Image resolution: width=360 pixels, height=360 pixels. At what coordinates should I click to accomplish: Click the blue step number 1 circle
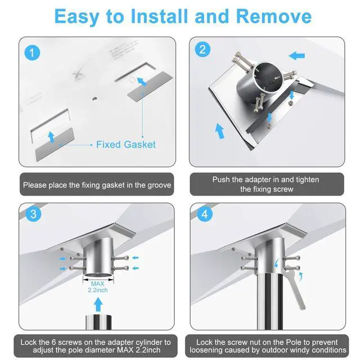[x=32, y=52]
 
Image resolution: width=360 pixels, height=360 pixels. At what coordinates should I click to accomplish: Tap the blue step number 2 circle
[x=202, y=49]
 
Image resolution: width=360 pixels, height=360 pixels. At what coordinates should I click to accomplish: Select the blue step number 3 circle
[x=34, y=214]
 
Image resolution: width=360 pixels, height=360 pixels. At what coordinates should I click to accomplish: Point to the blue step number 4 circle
[x=205, y=214]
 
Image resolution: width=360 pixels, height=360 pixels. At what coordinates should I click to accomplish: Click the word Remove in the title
[x=274, y=16]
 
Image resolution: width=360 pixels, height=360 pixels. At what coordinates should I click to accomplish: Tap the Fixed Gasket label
[x=126, y=145]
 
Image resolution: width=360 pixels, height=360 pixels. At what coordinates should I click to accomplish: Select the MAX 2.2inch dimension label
[x=98, y=287]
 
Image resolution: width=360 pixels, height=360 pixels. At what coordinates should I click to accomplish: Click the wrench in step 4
[x=295, y=287]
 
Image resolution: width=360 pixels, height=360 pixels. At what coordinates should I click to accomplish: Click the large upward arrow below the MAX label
[x=98, y=304]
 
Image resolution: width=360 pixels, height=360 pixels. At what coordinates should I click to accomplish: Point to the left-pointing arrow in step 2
[x=296, y=56]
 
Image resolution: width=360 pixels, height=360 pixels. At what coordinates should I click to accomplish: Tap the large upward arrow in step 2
[x=220, y=131]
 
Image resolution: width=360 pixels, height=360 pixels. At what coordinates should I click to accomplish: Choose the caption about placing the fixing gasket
[x=97, y=185]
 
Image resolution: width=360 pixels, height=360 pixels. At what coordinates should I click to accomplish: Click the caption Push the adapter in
[x=267, y=184]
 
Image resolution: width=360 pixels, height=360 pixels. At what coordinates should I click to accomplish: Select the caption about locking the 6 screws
[x=96, y=346]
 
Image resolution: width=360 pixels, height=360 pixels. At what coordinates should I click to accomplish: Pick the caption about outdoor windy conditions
[x=268, y=346]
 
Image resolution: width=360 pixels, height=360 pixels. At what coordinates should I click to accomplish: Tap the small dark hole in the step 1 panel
[x=94, y=99]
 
